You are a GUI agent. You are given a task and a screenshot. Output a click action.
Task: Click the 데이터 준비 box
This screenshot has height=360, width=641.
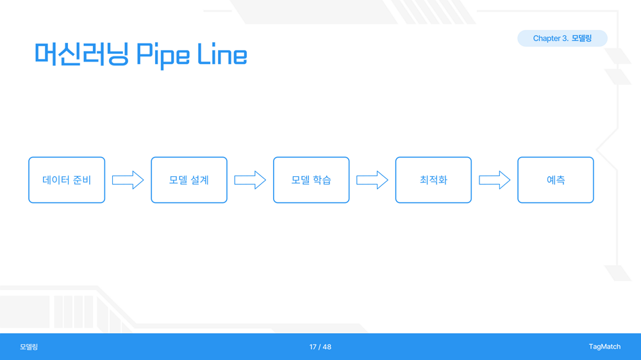click(67, 180)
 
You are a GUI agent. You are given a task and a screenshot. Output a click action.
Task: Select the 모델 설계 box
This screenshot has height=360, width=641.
click(189, 180)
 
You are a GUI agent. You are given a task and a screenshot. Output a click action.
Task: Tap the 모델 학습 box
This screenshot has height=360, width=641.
click(311, 180)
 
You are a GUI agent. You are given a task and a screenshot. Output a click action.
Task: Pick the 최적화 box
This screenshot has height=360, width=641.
click(433, 180)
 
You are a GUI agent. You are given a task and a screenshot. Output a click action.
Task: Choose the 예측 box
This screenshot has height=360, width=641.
click(556, 180)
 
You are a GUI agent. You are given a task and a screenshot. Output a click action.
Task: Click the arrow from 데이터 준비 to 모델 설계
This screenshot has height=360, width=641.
click(128, 180)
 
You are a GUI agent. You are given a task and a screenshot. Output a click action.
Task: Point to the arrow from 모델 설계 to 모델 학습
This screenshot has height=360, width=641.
click(250, 180)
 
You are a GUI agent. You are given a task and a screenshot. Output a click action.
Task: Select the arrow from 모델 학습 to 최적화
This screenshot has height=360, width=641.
click(372, 180)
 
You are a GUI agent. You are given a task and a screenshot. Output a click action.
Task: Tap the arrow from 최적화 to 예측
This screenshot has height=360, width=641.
click(495, 180)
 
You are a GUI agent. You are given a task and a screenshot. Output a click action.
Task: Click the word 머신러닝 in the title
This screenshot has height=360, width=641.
click(82, 54)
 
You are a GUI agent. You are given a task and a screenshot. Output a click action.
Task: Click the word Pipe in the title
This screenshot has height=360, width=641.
click(163, 55)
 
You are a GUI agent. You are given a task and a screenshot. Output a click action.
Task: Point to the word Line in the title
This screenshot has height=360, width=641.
click(222, 54)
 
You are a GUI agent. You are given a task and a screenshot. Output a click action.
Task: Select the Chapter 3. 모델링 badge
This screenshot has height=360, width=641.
click(563, 38)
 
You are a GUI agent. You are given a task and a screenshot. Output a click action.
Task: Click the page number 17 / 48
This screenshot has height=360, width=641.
click(320, 347)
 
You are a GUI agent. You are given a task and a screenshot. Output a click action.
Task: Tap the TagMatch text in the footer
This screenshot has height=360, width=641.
click(604, 347)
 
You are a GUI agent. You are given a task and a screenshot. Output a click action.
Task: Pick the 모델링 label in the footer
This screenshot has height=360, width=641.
click(29, 347)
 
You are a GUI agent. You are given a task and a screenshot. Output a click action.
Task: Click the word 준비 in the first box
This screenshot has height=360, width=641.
click(82, 180)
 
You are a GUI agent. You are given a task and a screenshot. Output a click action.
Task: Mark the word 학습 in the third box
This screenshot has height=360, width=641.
click(322, 180)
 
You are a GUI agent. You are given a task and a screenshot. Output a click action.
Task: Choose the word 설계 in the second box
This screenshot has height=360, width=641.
click(200, 180)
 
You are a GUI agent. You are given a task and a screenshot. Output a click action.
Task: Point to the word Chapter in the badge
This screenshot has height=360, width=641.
click(547, 38)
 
